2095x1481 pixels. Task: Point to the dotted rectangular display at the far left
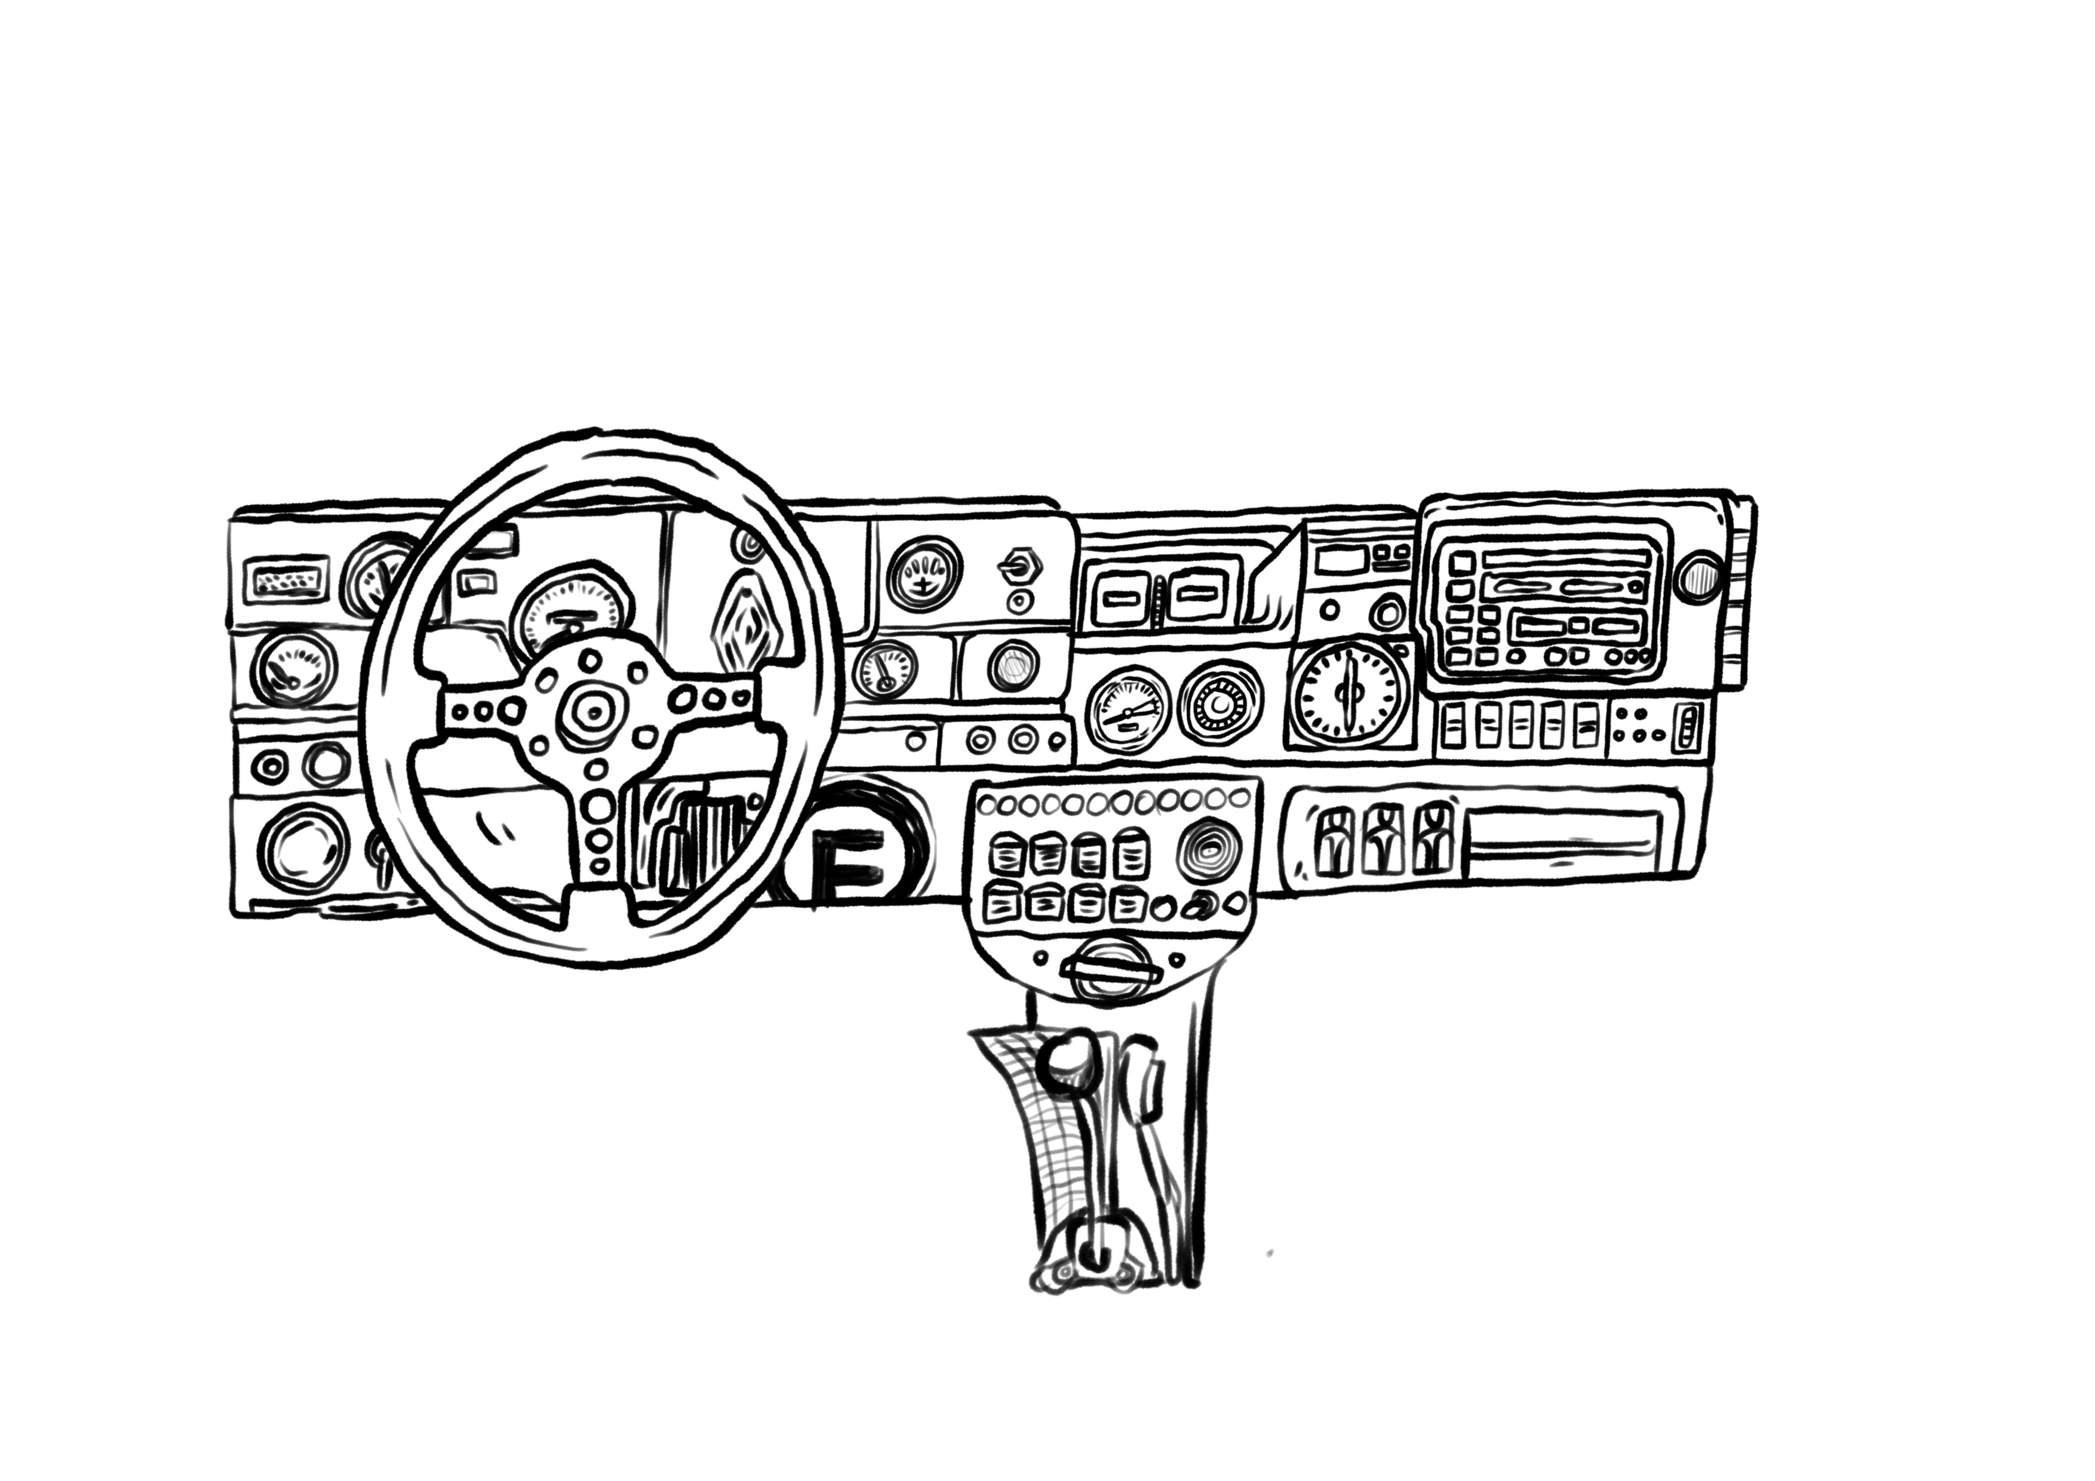point(285,580)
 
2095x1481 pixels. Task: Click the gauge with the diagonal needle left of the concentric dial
point(1128,709)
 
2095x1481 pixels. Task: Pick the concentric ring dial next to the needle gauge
point(1219,705)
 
